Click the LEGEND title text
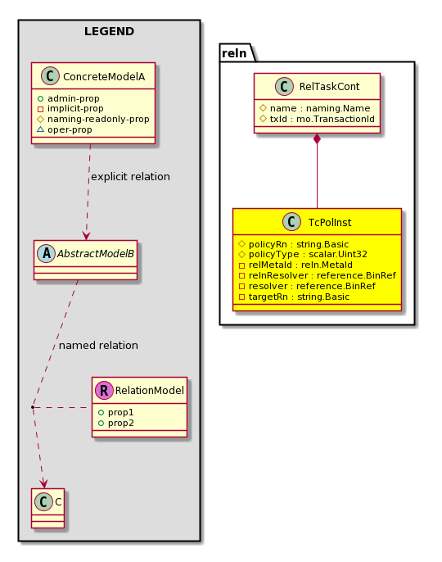(109, 31)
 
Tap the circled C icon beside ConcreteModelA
(50, 76)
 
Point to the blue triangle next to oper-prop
(40, 129)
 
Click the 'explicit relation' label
(130, 177)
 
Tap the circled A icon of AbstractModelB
(47, 253)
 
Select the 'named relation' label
(98, 346)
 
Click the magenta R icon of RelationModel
(104, 390)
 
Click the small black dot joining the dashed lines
(33, 407)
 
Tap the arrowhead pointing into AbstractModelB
(86, 236)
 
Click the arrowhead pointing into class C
(43, 483)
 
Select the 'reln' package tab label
(234, 53)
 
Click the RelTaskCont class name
(330, 86)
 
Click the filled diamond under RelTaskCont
(317, 139)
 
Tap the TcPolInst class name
(330, 223)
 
